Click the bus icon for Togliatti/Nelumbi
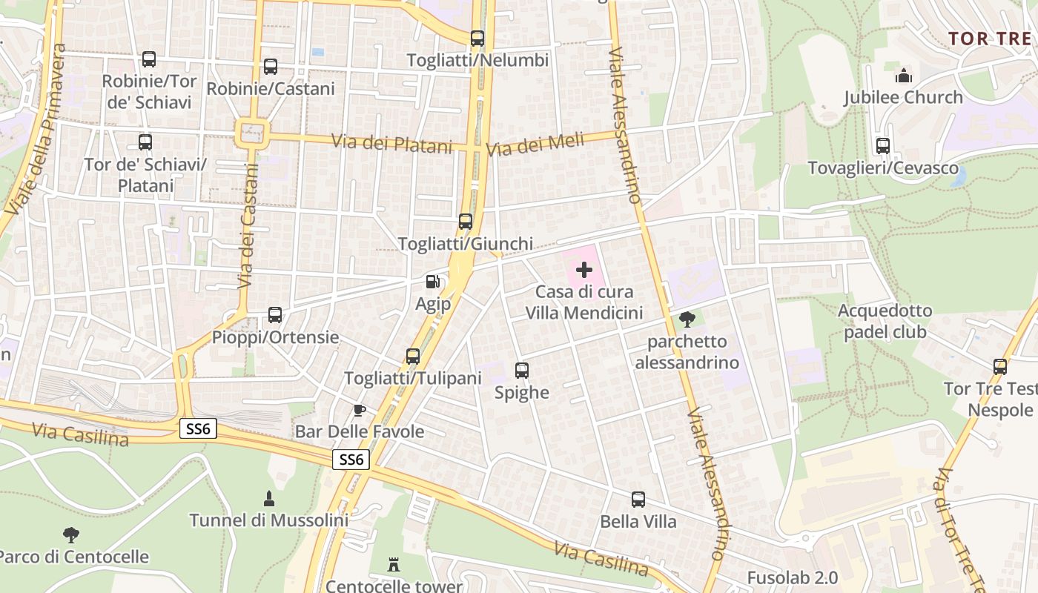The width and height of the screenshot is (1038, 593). point(477,39)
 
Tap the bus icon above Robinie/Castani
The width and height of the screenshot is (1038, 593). point(271,67)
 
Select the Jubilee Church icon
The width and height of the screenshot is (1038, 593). point(903,76)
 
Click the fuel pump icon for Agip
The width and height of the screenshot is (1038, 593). point(432,282)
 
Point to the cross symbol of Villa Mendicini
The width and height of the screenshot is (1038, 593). point(584,270)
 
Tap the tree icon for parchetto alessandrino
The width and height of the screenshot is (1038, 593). point(687,319)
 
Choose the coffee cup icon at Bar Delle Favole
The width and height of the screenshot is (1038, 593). point(360,410)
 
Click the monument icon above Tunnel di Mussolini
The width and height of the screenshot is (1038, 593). point(269,498)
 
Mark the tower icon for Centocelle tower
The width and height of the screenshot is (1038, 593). point(394,565)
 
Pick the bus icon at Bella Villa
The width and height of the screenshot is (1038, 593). point(638,500)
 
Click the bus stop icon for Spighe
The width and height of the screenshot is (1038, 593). point(522,371)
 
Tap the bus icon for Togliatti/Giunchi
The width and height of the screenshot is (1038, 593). point(466,222)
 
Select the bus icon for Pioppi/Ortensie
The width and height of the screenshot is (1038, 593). point(275,315)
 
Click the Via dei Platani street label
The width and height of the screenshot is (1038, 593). point(391,143)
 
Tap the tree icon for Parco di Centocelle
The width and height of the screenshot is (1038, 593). point(71,534)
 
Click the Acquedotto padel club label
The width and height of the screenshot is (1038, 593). point(885,321)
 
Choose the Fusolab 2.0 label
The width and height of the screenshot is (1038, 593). point(792,577)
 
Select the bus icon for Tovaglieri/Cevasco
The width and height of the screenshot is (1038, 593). point(883,146)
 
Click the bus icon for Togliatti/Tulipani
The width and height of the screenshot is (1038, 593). point(413,357)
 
